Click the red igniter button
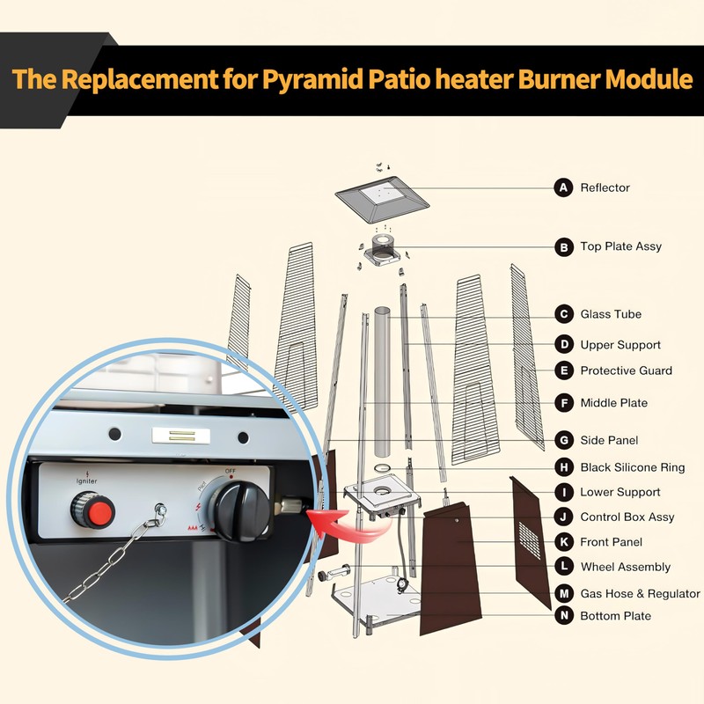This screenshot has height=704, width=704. pyautogui.click(x=90, y=510)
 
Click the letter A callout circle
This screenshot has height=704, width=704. pyautogui.click(x=563, y=187)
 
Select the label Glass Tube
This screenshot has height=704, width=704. pyautogui.click(x=611, y=314)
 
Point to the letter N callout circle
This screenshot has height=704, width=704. pyautogui.click(x=563, y=616)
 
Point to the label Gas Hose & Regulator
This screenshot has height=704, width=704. pyautogui.click(x=640, y=594)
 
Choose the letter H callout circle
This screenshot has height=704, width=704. pyautogui.click(x=563, y=467)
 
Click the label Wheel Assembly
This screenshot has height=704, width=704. pyautogui.click(x=625, y=567)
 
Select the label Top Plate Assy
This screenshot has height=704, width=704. pyautogui.click(x=620, y=246)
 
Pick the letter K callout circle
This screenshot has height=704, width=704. pyautogui.click(x=563, y=542)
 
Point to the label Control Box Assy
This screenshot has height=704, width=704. pyautogui.click(x=627, y=517)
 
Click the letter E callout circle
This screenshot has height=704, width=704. pyautogui.click(x=563, y=370)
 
